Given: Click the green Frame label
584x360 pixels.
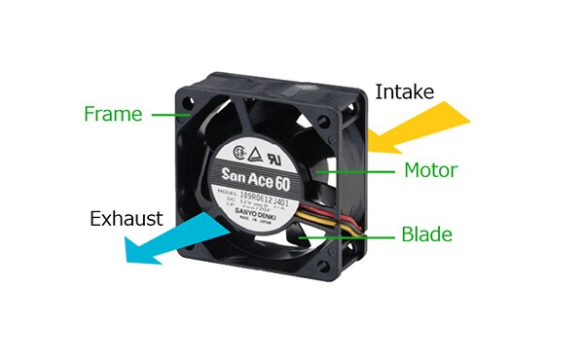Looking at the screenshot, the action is coord(113,114).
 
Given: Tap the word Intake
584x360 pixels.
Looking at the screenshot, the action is coord(405,94).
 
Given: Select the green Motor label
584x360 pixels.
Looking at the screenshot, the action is coord(430,171).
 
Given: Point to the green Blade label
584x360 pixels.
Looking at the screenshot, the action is coord(426,234).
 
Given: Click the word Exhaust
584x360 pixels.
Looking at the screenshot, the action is coord(127,218).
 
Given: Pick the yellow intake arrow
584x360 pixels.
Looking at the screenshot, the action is coord(419,131).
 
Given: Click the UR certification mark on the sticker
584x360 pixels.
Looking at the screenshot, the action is coord(281,153).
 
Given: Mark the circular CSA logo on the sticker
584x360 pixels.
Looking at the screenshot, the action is coord(237,153).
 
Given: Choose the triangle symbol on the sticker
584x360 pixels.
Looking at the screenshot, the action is coord(258,152).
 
